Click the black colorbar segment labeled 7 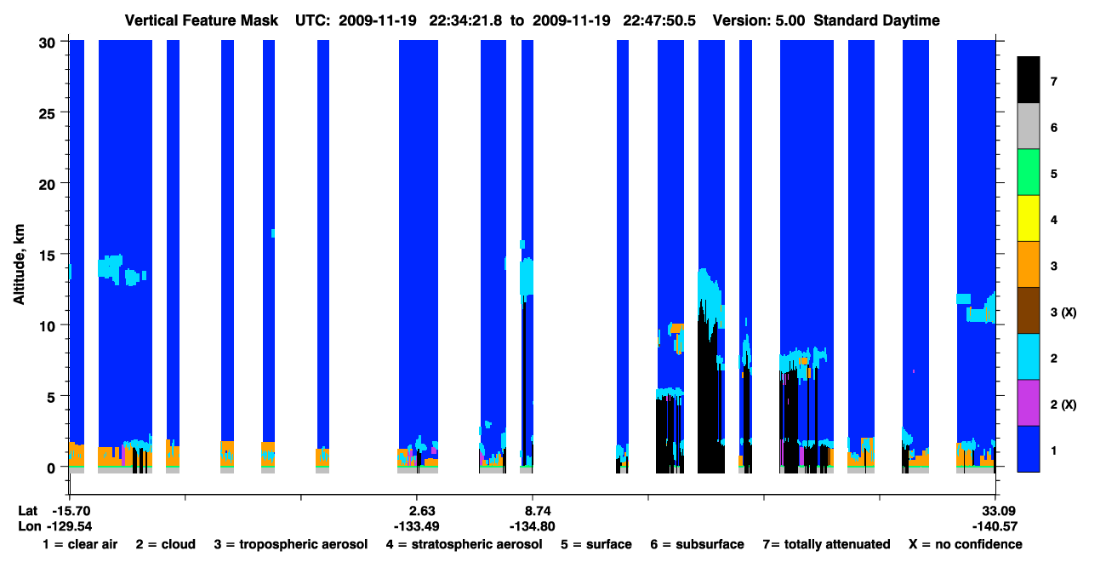[1029, 79]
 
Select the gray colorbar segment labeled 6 [1029, 126]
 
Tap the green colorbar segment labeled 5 [1029, 172]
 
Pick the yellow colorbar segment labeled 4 [1029, 218]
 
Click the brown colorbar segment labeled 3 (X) [1029, 311]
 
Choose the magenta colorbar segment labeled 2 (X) [1029, 403]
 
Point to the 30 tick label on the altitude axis [47, 43]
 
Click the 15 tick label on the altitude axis [47, 255]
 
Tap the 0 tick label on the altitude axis [51, 468]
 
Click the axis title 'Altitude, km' [19, 264]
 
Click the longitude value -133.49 [416, 526]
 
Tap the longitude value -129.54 [69, 526]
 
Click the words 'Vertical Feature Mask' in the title [202, 20]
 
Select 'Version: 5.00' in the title [758, 20]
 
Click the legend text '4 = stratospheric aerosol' [465, 544]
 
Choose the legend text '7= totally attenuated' [826, 544]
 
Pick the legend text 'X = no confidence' [966, 544]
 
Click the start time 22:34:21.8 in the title [465, 20]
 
